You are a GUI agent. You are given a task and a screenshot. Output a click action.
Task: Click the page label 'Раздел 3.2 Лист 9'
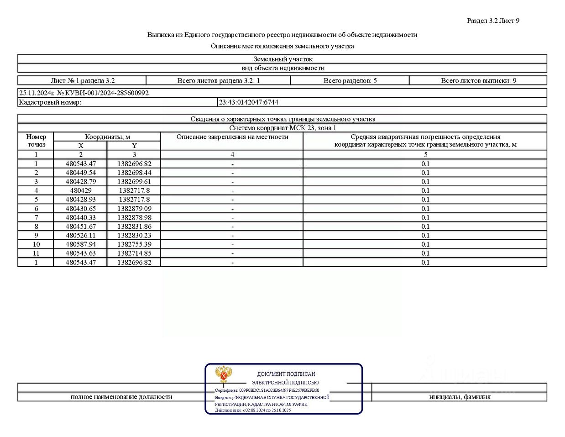click(x=493, y=21)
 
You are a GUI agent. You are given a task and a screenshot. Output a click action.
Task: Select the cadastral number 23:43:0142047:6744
click(x=249, y=102)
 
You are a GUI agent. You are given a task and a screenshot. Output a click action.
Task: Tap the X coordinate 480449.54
click(x=81, y=173)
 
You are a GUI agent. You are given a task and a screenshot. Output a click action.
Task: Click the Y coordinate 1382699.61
click(x=134, y=182)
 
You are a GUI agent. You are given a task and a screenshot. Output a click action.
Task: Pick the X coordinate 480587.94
click(x=81, y=244)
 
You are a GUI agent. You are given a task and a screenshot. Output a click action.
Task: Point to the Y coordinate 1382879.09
click(x=134, y=209)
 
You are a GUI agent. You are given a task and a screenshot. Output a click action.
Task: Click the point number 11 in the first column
click(x=36, y=253)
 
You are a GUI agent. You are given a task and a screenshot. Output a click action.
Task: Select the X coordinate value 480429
click(x=81, y=190)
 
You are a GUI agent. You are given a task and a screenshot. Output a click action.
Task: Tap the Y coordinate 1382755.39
click(x=134, y=244)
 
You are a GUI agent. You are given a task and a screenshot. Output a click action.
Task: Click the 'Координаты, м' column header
click(x=108, y=137)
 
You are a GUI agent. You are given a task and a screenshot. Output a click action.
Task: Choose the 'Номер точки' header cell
click(x=36, y=141)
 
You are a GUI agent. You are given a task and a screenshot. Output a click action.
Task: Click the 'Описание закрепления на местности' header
click(x=232, y=137)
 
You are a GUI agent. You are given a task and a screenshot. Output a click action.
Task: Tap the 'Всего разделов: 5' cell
click(x=350, y=81)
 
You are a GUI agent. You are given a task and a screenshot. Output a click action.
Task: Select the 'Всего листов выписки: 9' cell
click(x=478, y=81)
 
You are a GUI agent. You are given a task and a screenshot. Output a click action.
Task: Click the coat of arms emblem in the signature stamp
click(x=224, y=374)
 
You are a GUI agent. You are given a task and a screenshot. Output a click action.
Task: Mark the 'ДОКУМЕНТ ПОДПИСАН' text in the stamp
click(x=286, y=374)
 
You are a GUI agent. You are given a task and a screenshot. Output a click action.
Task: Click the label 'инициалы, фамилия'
click(x=460, y=397)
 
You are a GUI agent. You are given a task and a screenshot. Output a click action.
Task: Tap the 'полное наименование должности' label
click(x=121, y=397)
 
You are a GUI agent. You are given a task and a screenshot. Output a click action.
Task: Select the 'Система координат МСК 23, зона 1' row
click(x=282, y=128)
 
